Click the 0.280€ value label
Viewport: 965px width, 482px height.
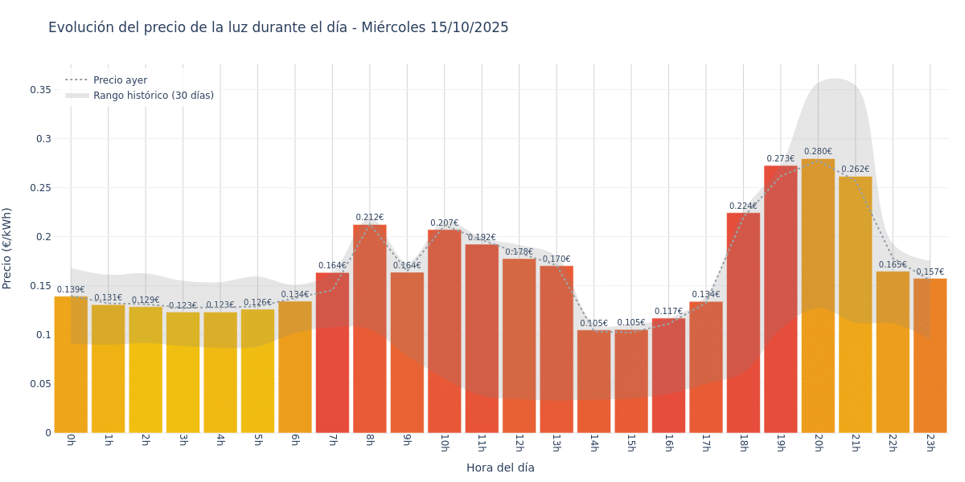(818, 151)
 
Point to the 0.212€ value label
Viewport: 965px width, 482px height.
(370, 217)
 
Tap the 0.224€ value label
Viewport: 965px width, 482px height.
(743, 206)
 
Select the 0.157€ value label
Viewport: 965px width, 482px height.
(930, 272)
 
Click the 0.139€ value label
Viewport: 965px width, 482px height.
(71, 289)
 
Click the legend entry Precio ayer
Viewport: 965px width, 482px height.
(120, 80)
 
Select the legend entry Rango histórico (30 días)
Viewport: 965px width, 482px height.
(153, 96)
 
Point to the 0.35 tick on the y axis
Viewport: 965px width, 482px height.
(40, 89)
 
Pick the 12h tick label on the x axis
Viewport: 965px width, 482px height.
(519, 443)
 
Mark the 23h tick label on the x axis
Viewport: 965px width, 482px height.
(930, 443)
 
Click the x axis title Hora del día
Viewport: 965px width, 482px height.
(500, 468)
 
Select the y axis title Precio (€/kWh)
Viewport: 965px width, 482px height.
(7, 248)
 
